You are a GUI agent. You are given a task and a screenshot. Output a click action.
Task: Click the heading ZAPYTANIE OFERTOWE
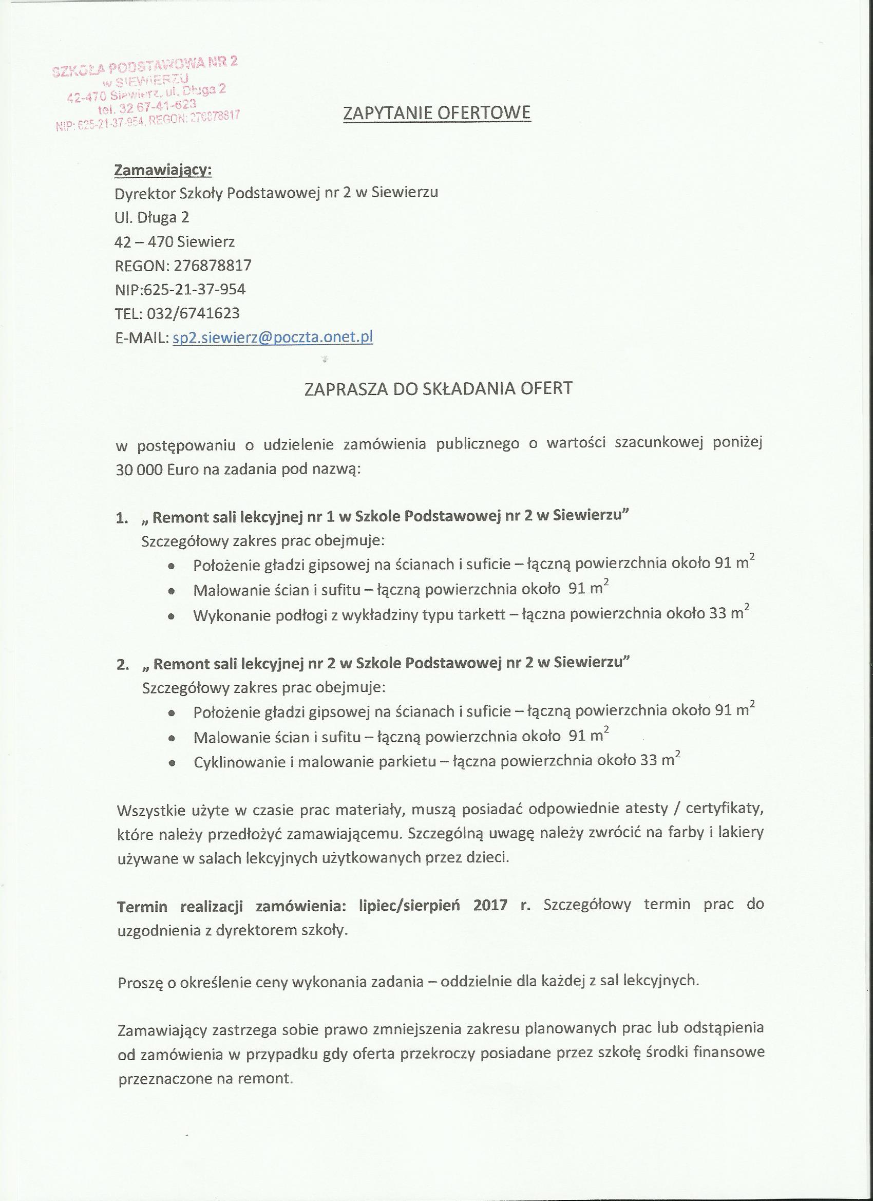click(437, 113)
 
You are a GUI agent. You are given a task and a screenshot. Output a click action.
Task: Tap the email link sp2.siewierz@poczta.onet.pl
click(273, 337)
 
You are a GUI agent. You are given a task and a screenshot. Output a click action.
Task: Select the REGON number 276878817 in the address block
click(212, 265)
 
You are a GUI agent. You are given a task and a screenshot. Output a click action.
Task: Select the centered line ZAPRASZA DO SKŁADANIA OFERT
click(439, 389)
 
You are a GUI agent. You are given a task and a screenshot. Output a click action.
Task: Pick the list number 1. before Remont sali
click(122, 518)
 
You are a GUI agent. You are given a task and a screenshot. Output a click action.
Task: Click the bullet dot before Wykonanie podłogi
click(171, 616)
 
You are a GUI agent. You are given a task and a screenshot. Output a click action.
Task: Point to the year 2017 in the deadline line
click(490, 905)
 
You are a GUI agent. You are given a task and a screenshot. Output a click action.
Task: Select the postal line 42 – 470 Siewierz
click(175, 242)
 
